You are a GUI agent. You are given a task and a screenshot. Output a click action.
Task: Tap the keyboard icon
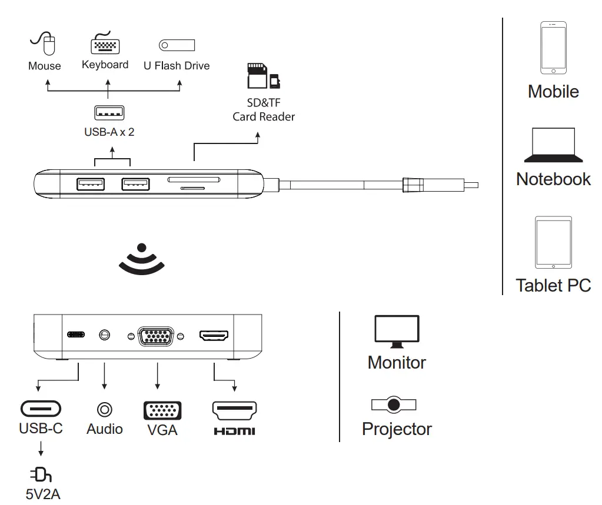(x=105, y=44)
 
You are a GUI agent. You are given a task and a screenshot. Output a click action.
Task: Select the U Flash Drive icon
(x=177, y=45)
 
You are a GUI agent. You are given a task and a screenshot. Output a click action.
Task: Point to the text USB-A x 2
(x=109, y=132)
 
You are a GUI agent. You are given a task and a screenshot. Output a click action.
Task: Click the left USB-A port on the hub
(x=91, y=184)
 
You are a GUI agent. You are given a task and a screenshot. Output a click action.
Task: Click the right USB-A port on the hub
(x=135, y=184)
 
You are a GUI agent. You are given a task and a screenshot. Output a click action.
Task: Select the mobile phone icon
(x=553, y=48)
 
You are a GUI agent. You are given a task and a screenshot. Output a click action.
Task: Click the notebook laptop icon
(x=553, y=145)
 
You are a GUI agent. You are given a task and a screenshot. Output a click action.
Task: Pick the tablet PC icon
(x=553, y=242)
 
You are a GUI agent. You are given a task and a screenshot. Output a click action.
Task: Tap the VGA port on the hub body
(x=155, y=336)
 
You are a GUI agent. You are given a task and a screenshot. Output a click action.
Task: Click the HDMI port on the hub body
(x=214, y=336)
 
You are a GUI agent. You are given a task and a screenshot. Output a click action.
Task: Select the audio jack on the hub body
(x=105, y=335)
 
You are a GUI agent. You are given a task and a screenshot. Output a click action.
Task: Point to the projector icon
(x=394, y=404)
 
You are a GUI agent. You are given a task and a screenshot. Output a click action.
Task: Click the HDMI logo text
(x=234, y=432)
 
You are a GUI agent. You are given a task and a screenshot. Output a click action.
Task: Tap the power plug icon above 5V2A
(x=41, y=474)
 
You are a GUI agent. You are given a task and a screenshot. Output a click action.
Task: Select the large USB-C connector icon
(x=41, y=408)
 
